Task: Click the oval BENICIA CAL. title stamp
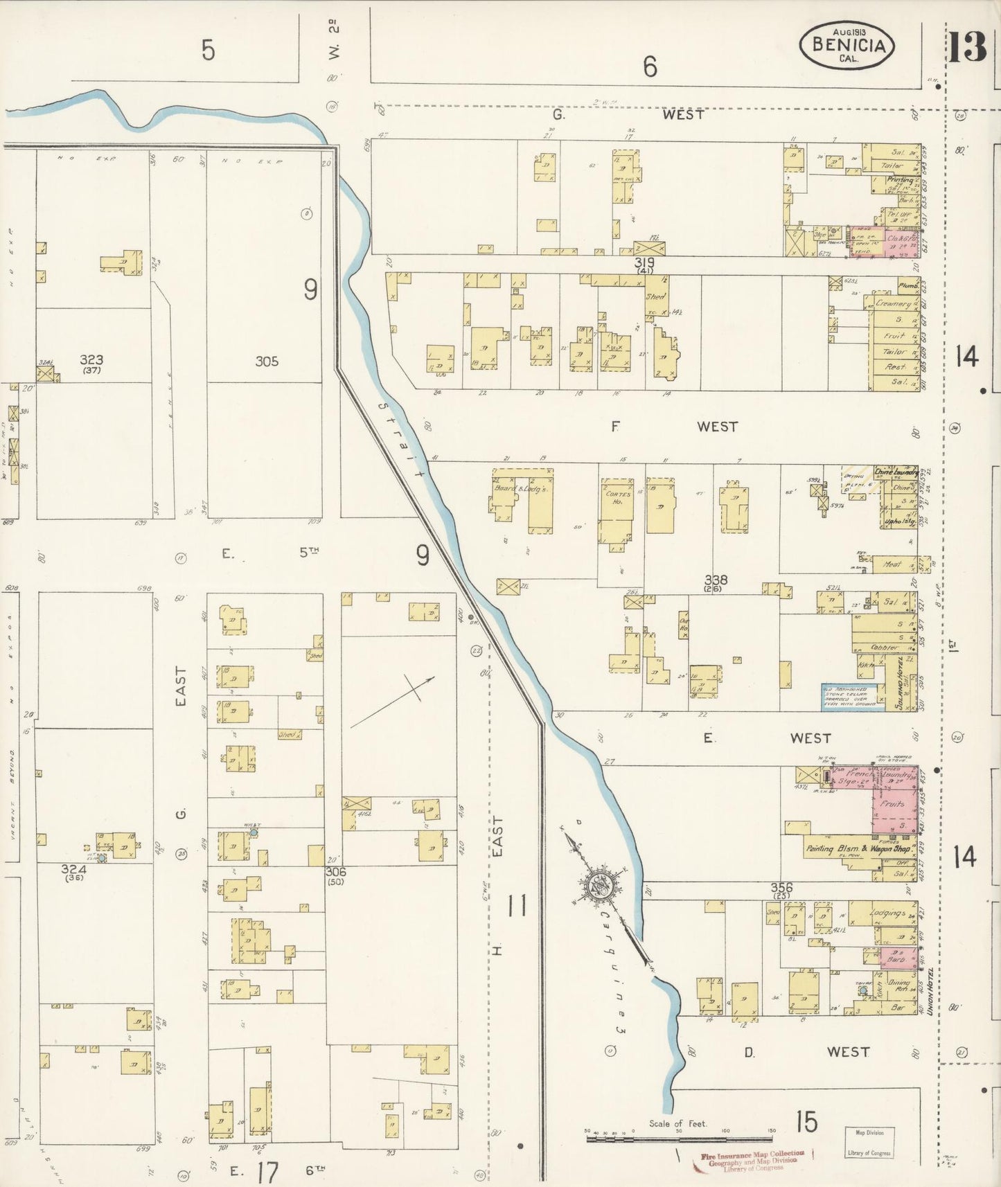click(x=847, y=45)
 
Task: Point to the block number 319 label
click(x=645, y=264)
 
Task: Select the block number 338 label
click(x=716, y=580)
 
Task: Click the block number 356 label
click(x=781, y=888)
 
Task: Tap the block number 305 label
click(x=267, y=361)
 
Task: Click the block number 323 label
click(x=91, y=360)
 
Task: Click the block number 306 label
click(x=337, y=873)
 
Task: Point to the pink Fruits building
click(x=894, y=805)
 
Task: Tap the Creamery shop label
click(x=893, y=304)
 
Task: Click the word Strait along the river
click(x=401, y=441)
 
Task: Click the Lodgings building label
click(x=886, y=913)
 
